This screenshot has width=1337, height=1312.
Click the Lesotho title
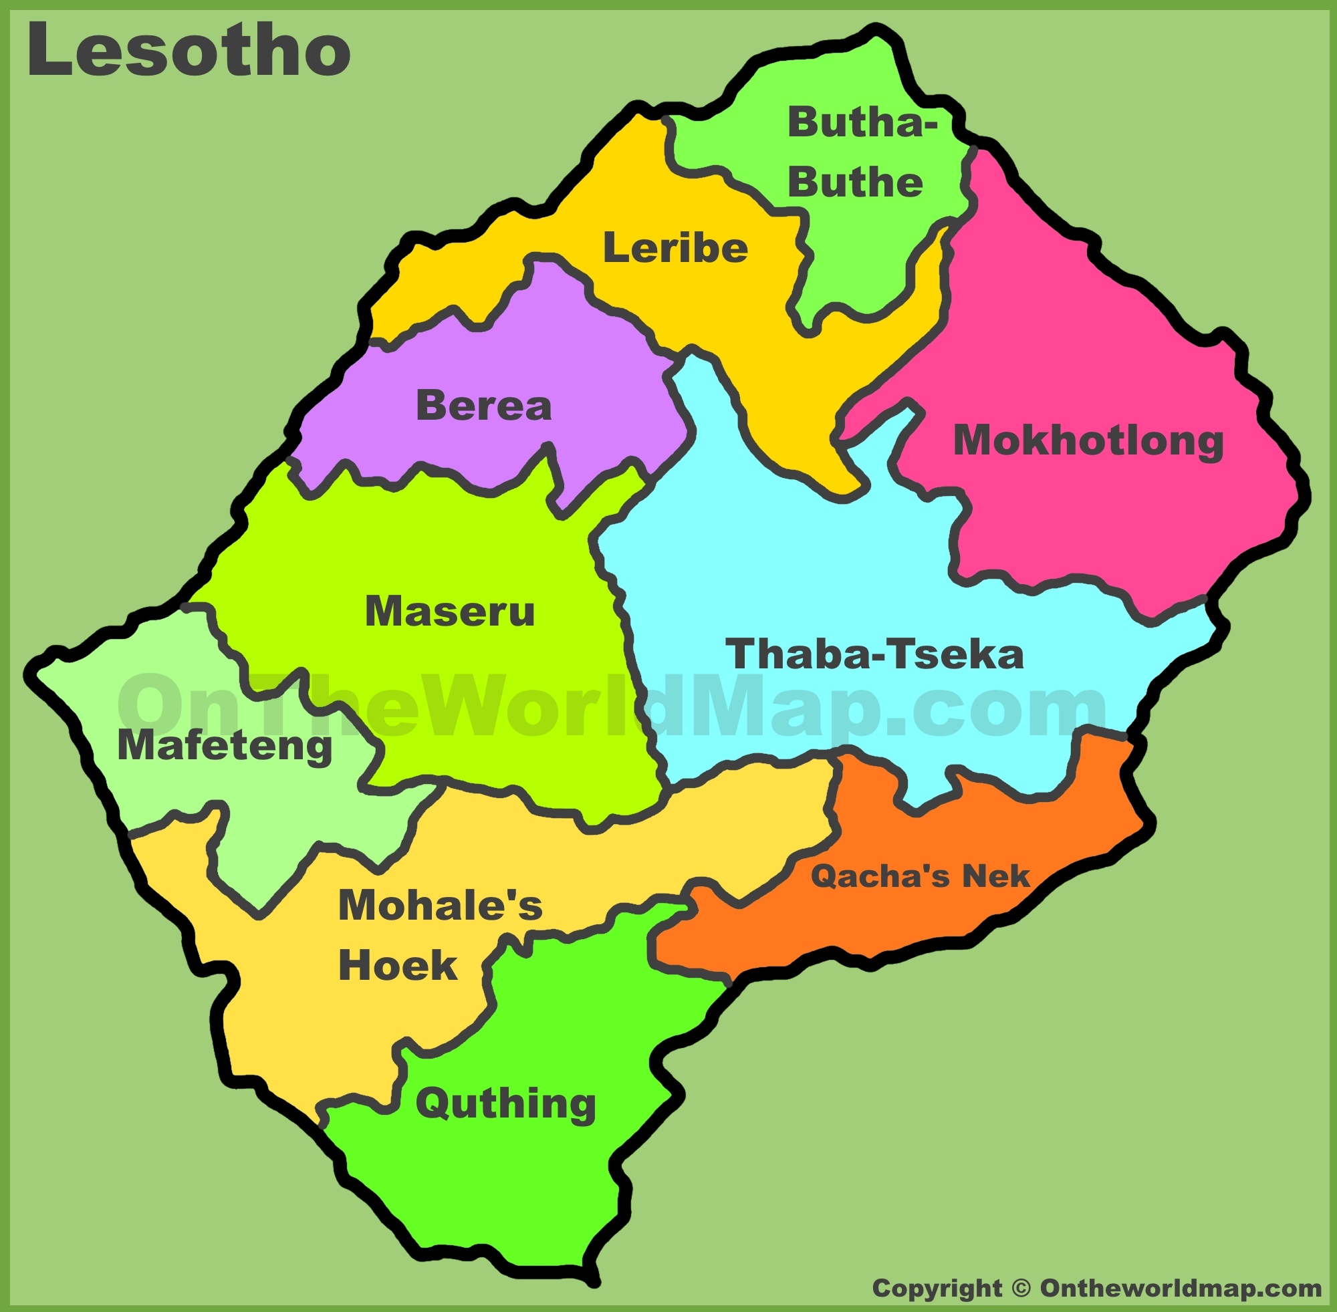(x=189, y=50)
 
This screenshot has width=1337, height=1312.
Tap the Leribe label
(x=675, y=248)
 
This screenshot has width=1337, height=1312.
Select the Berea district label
(x=484, y=406)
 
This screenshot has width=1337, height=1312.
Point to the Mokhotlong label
(x=1088, y=441)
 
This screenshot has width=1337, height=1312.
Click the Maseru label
(x=449, y=611)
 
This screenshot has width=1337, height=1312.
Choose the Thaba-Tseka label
(x=874, y=654)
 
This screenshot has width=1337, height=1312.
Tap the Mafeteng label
(x=225, y=747)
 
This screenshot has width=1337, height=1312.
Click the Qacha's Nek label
(x=919, y=876)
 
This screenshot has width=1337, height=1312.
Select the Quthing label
(x=505, y=1103)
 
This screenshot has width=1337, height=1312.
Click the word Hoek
(x=398, y=964)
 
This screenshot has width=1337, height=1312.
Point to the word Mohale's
(x=441, y=905)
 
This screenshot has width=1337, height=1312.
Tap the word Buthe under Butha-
(x=854, y=182)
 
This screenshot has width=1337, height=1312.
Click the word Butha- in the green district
(x=862, y=123)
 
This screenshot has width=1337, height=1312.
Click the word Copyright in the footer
(x=937, y=1288)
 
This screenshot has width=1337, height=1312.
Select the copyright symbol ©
(x=1021, y=1288)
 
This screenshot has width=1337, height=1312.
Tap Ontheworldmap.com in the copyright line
(x=1181, y=1288)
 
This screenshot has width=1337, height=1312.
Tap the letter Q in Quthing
(x=433, y=1104)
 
